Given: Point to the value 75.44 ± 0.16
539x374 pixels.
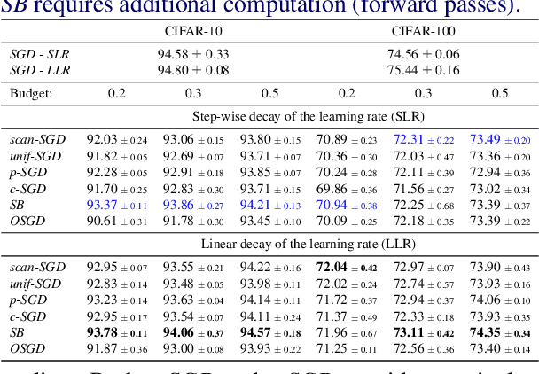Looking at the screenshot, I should (423, 70).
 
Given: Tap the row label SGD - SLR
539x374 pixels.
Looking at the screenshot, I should (40, 54).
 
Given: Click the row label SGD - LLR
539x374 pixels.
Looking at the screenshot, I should (40, 70).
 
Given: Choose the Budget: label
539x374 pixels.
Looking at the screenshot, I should (32, 93).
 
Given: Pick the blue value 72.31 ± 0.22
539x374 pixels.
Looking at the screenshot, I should (424, 140).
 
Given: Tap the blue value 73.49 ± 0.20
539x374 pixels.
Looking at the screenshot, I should (500, 140).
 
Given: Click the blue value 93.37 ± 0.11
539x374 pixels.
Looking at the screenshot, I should (117, 205).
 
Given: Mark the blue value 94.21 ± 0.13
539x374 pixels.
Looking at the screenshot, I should (269, 205).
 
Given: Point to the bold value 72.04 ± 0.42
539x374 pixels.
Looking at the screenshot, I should (347, 268).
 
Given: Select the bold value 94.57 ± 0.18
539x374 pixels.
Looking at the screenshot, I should (269, 332).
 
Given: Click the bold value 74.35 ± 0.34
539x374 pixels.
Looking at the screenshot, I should (500, 332).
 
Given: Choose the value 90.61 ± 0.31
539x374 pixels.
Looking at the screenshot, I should (117, 221).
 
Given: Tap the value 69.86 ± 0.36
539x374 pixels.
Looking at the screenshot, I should (347, 189).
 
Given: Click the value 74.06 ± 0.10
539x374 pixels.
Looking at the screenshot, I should (500, 300).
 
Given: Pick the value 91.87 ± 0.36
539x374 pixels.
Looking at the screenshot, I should (117, 348).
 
